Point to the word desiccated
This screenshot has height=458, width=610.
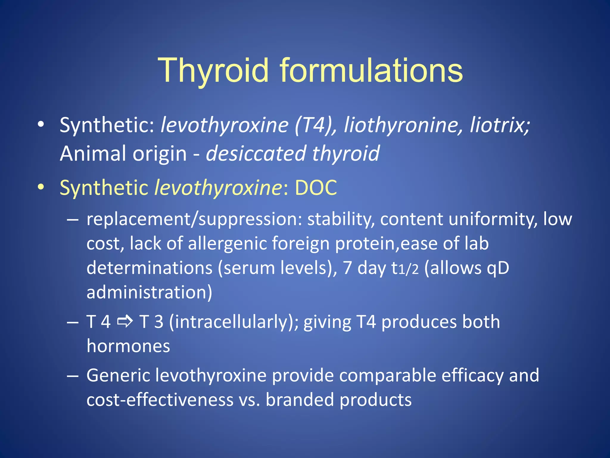coord(256,154)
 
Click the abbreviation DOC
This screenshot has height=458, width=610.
coord(316,188)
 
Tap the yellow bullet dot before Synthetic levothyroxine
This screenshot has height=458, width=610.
coord(41,187)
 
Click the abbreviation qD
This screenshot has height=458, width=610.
coord(498,268)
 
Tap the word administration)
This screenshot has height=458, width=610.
coord(149,292)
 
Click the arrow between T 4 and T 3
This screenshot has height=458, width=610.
coord(125,322)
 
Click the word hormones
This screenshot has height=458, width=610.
coord(128,346)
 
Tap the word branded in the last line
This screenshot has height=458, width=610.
coord(300,400)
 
